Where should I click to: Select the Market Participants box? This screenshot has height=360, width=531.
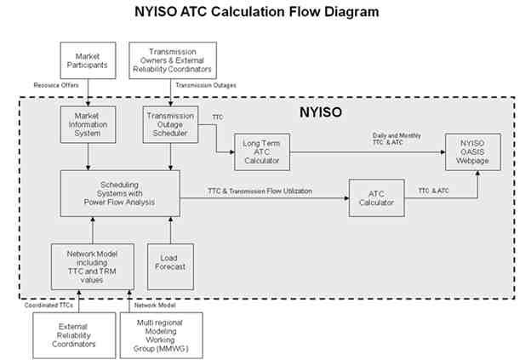tap(88, 60)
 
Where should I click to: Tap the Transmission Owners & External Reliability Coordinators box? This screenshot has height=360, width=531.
tap(173, 60)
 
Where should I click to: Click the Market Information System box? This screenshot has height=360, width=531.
tap(88, 124)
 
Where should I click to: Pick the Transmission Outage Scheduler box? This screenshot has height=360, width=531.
tap(172, 124)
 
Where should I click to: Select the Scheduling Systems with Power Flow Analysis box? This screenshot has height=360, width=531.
tap(119, 193)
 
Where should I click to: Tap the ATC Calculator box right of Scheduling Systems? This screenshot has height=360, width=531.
tap(376, 197)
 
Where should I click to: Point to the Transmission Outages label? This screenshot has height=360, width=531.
tap(205, 85)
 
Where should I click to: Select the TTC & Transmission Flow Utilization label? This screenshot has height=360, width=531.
tap(259, 191)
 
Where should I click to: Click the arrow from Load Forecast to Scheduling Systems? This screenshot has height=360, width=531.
tap(171, 230)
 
